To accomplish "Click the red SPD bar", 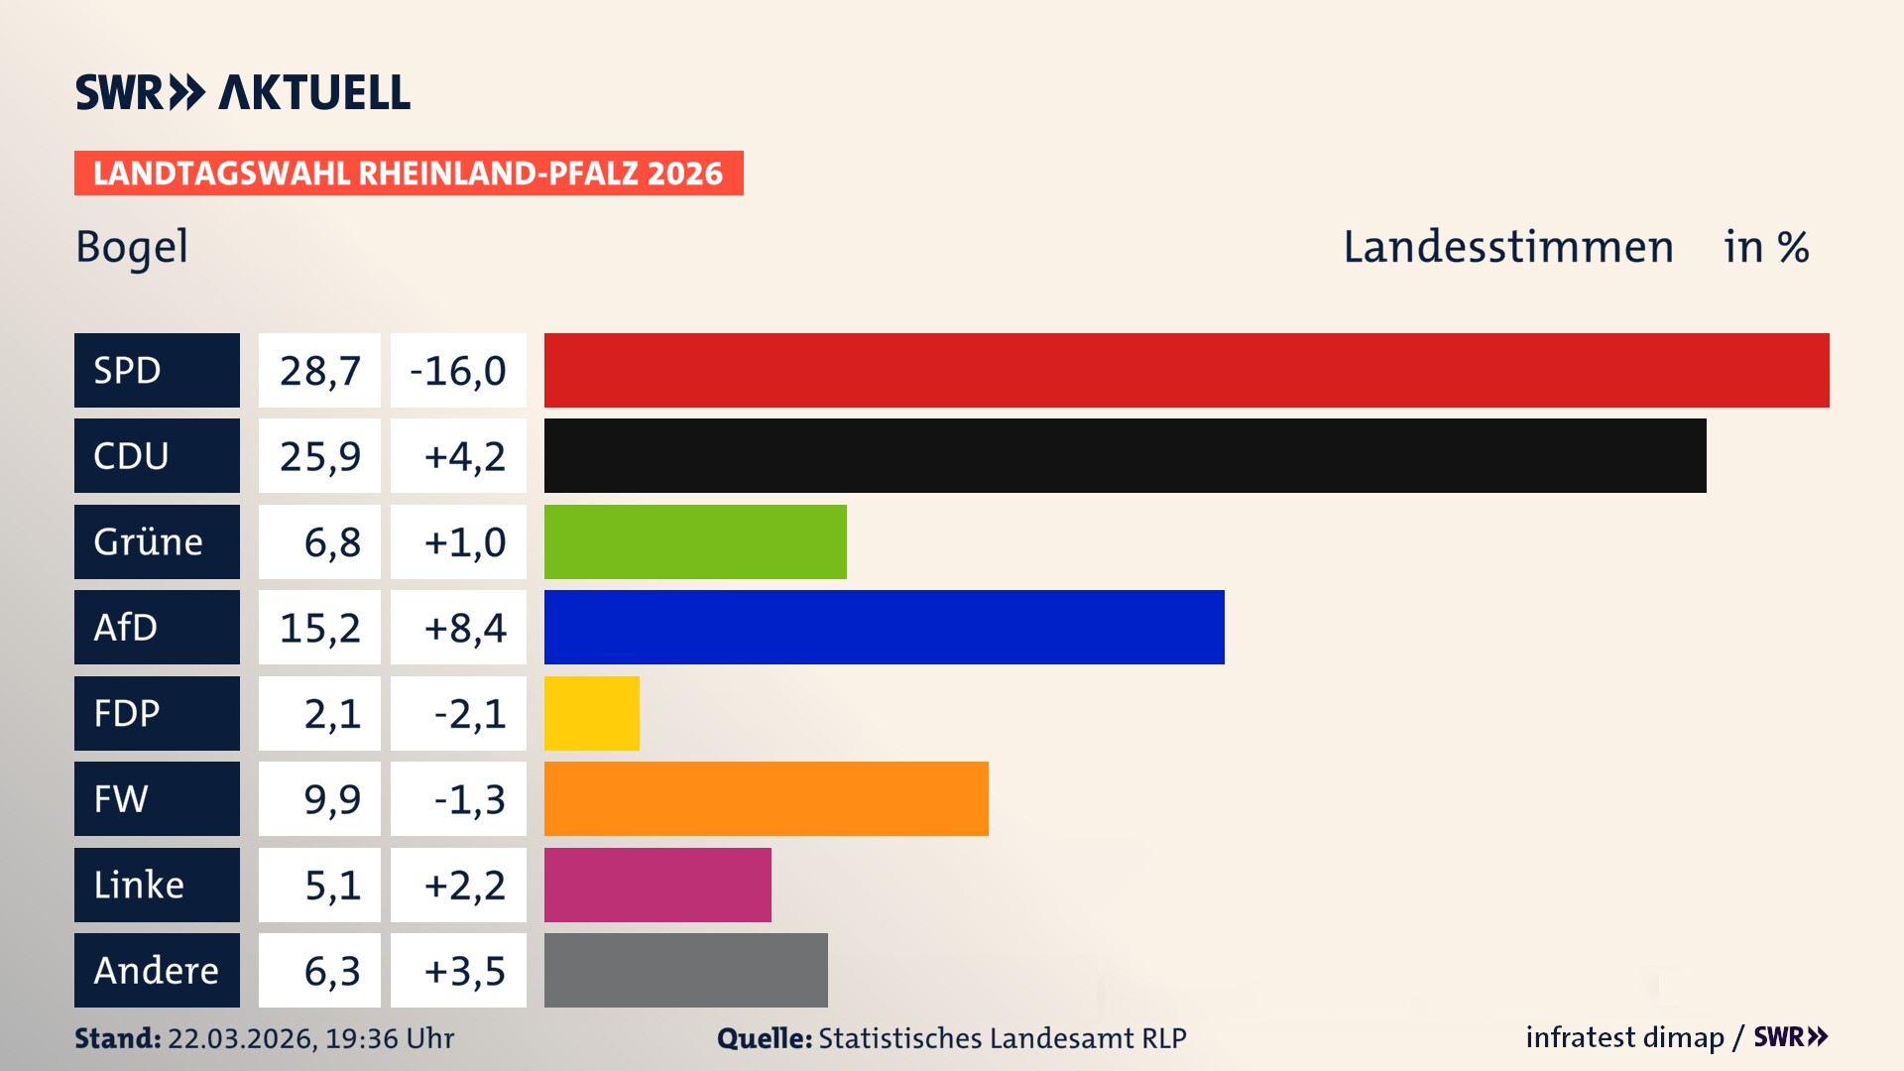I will coord(1186,370).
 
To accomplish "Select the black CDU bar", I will coord(1125,455).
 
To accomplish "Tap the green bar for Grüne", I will coord(695,541).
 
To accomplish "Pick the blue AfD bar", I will coord(884,627).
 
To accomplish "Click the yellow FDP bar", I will coord(591,713).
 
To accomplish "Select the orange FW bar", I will coord(766,798).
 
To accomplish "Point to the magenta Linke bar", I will coord(657,885).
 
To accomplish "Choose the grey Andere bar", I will coord(685,970).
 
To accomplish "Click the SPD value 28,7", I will coord(319,371).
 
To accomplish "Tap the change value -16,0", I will coord(458,371).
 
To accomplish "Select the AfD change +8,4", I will coord(464,628).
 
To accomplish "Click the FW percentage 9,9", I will coord(332,799).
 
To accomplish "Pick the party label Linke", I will coord(139,885).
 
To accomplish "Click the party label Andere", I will coord(156,970).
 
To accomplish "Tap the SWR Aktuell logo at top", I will coord(243,92).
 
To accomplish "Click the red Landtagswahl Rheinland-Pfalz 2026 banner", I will coord(408,174).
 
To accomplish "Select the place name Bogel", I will coord(132,247).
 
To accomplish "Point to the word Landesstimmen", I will coord(1507,247).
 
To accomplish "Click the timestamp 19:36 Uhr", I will coord(390,1038).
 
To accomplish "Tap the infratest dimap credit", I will coord(1623,1037).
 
